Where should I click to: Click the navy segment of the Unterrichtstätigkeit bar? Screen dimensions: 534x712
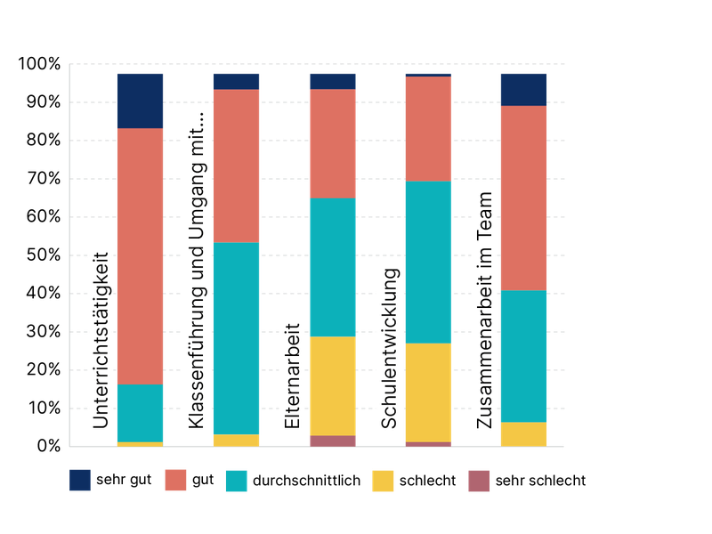(x=141, y=101)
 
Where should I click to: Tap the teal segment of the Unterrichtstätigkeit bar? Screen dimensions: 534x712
(x=141, y=413)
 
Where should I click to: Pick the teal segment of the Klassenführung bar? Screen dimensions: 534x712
(x=236, y=338)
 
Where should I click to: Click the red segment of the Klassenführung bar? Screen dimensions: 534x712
(x=236, y=166)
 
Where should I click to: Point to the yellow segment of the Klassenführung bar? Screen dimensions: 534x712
(x=236, y=441)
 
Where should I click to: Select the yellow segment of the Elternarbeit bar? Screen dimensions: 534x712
(x=332, y=386)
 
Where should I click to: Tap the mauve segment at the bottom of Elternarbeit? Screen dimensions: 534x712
(x=332, y=441)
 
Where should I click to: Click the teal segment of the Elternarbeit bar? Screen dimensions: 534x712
(x=332, y=267)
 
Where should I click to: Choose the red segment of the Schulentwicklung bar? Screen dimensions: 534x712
(x=428, y=129)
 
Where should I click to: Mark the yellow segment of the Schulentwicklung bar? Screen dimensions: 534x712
(x=428, y=392)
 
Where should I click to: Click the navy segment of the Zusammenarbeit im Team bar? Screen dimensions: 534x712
(x=523, y=89)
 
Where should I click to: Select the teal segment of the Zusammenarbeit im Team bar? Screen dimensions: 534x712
(x=523, y=356)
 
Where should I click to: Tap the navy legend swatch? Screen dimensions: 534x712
(x=79, y=481)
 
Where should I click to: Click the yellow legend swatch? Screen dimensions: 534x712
(x=383, y=481)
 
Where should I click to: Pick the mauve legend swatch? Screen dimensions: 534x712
(x=479, y=481)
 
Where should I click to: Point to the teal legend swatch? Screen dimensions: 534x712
(x=236, y=481)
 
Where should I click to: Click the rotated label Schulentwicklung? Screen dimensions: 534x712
(x=388, y=349)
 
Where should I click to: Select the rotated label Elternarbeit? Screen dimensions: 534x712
(x=292, y=373)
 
